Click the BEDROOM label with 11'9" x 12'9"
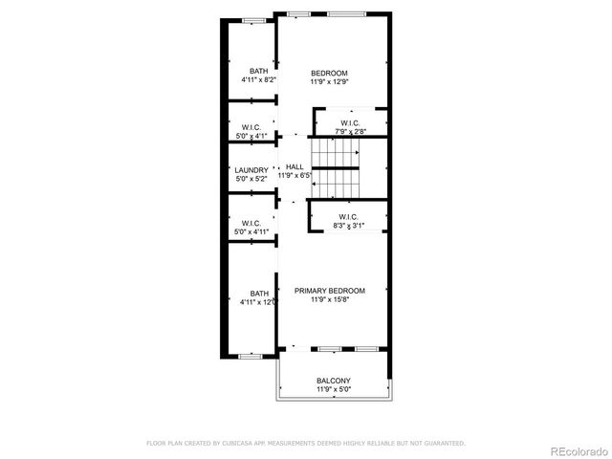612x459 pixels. (329, 73)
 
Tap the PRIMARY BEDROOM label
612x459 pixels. (330, 291)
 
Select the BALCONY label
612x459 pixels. (334, 381)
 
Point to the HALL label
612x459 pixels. (295, 166)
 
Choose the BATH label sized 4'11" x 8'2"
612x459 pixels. (259, 71)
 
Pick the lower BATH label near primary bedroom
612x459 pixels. (259, 294)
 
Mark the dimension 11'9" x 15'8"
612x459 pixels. (330, 299)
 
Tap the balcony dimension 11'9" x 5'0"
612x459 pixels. (334, 389)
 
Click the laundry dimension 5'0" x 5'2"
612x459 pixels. (251, 179)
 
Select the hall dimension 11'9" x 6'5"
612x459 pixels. (295, 175)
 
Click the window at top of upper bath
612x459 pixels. (253, 20)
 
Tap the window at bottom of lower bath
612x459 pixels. (251, 356)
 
